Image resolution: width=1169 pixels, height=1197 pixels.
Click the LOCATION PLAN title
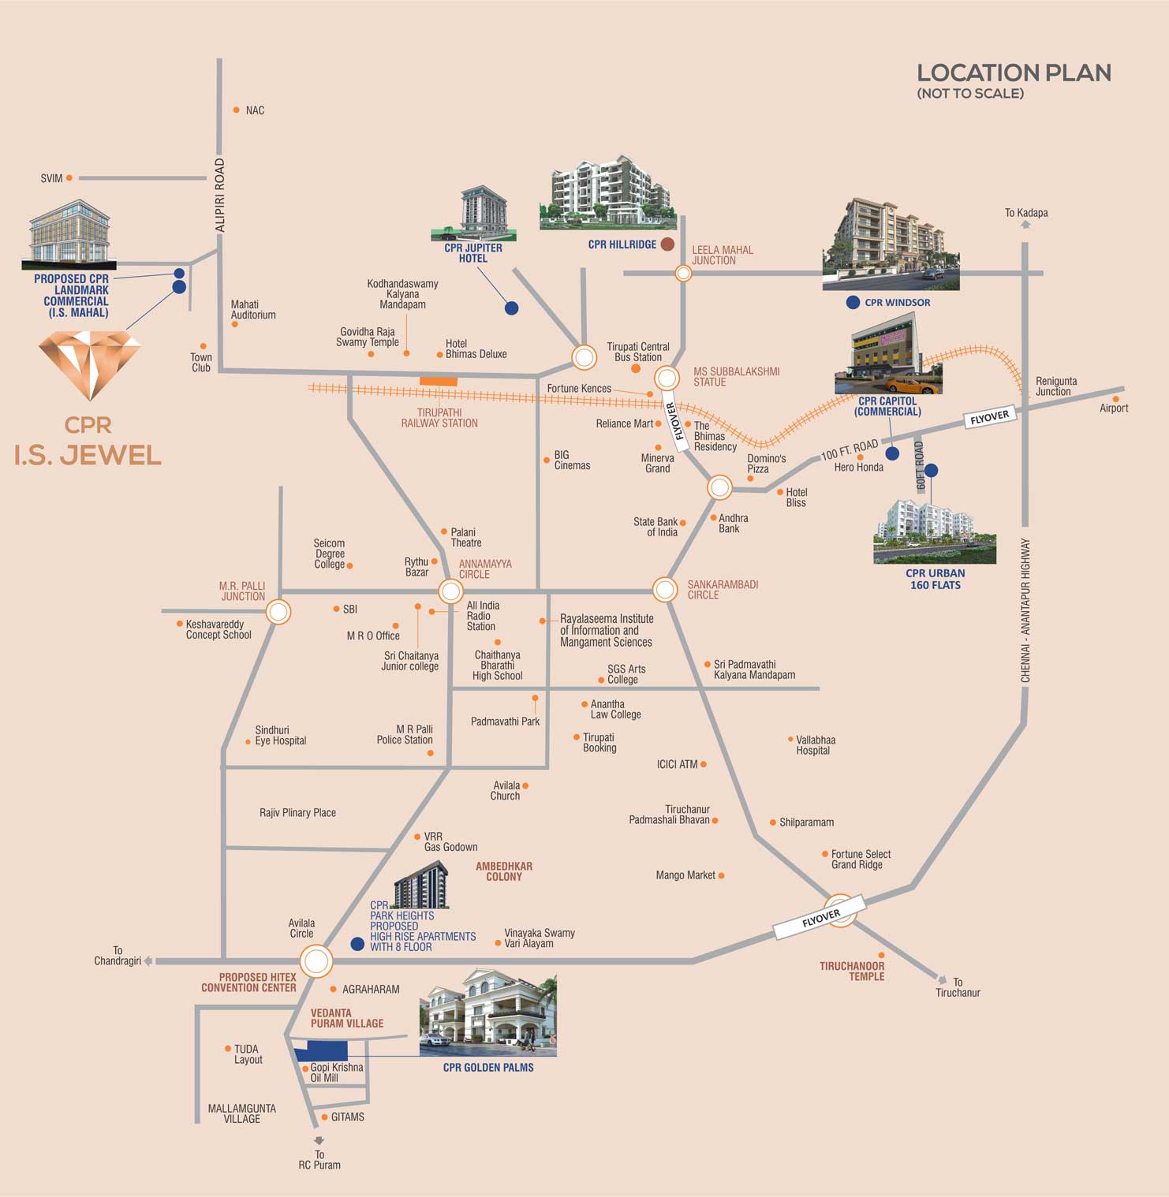[1014, 73]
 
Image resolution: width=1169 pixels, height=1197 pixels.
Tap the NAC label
[255, 110]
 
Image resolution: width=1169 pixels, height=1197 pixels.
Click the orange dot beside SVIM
[69, 178]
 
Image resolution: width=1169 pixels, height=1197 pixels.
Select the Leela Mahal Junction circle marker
[684, 273]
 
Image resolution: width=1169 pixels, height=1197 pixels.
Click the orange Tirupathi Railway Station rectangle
[439, 382]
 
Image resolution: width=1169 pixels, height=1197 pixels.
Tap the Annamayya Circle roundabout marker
[450, 591]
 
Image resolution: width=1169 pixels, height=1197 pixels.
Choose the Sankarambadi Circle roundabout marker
[665, 589]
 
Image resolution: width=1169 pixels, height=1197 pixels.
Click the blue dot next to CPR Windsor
[853, 302]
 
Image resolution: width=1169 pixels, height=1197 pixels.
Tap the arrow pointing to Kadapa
[1025, 225]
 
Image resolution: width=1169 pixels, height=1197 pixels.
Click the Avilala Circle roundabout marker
[316, 962]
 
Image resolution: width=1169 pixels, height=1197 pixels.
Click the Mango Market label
[685, 875]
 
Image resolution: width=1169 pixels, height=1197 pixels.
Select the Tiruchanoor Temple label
[852, 971]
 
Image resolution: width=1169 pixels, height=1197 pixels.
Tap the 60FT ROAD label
[919, 466]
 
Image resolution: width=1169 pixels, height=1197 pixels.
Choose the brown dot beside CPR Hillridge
[667, 244]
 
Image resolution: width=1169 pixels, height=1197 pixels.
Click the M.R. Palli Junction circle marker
[278, 612]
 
